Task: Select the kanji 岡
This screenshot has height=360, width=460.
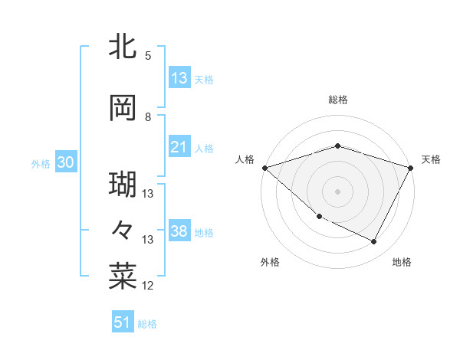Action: [x=123, y=108]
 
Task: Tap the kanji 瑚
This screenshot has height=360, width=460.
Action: [x=123, y=185]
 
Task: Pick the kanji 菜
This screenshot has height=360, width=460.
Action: [x=123, y=277]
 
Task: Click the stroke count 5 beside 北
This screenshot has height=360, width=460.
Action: [x=147, y=55]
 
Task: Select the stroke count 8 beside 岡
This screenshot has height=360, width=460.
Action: [x=147, y=117]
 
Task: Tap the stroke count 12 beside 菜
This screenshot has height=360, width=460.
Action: [x=148, y=286]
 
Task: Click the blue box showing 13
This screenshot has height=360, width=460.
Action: [x=179, y=78]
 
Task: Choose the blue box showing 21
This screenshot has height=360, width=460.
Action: [x=179, y=147]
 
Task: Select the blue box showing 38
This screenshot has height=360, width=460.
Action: [x=179, y=231]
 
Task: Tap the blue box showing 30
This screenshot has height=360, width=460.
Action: [x=66, y=162]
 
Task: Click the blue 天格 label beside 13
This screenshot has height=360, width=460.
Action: [x=204, y=80]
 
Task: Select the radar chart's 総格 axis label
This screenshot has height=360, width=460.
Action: [x=337, y=100]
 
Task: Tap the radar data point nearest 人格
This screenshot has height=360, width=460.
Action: [x=264, y=167]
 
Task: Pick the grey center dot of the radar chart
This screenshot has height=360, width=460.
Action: [x=337, y=191]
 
